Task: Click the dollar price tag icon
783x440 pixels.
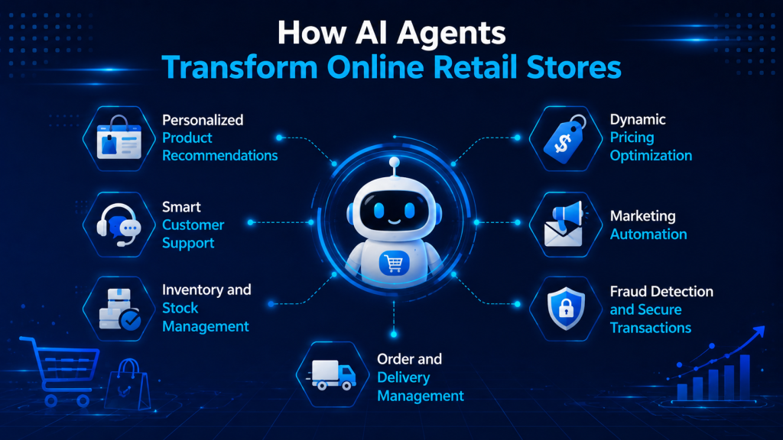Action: pos(565,139)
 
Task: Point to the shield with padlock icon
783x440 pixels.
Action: pos(566,309)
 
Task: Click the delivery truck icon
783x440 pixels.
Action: pos(332,374)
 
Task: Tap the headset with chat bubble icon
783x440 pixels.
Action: pos(119,225)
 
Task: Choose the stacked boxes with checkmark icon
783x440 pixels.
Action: pos(119,309)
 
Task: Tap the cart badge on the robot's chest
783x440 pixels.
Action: pos(394,263)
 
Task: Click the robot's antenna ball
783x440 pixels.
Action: pos(395,162)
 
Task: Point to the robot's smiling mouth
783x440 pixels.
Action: pos(395,221)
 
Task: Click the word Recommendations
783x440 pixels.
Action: pos(219,156)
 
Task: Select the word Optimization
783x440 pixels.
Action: pos(651,156)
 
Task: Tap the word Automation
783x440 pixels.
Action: pos(648,234)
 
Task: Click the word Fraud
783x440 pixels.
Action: pos(629,291)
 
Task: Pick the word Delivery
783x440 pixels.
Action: pos(403,377)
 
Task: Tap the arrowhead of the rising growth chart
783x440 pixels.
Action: pos(759,332)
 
